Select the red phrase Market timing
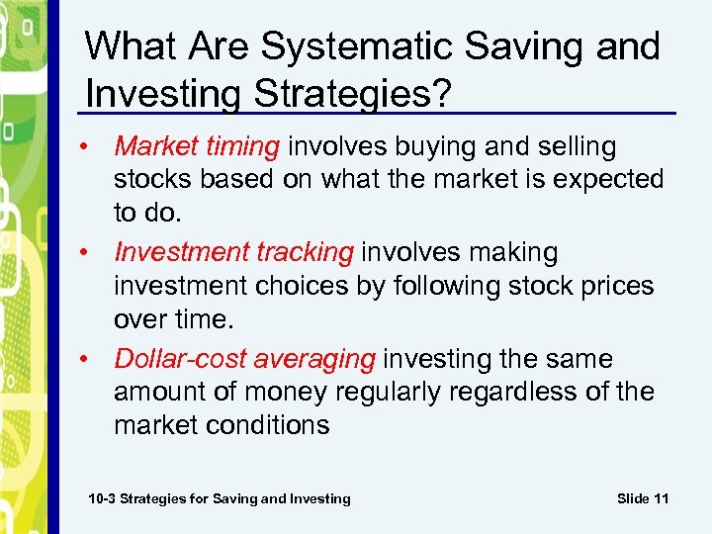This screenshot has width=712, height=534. (x=197, y=147)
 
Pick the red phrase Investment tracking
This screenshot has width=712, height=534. (x=233, y=253)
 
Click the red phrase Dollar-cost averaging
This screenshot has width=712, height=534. (x=244, y=359)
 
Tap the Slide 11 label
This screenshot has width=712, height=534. (x=643, y=498)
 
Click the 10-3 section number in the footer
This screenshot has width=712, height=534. (x=104, y=498)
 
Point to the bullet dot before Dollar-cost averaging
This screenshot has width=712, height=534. (x=89, y=360)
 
